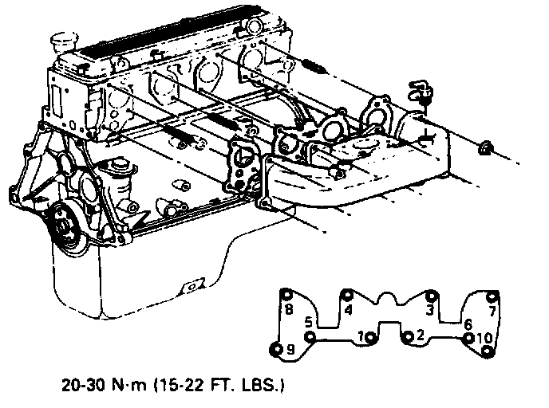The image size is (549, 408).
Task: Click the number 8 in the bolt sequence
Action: pyautogui.click(x=289, y=309)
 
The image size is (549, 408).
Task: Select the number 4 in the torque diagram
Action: pyautogui.click(x=349, y=309)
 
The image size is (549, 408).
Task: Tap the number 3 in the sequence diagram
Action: pyautogui.click(x=430, y=309)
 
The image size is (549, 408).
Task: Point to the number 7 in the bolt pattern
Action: pyautogui.click(x=493, y=309)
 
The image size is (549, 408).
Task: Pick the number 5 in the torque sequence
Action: pyautogui.click(x=308, y=323)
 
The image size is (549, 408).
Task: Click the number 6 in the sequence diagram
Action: pyautogui.click(x=468, y=324)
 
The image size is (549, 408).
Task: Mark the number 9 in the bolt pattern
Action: pyautogui.click(x=290, y=349)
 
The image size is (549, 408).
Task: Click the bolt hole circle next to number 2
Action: pyautogui.click(x=408, y=335)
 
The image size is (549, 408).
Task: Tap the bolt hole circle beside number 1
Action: pyautogui.click(x=372, y=336)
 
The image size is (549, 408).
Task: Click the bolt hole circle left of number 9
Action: pyautogui.click(x=277, y=349)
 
